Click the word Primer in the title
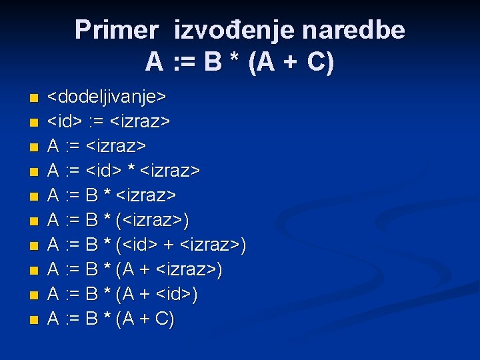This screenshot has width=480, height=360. coord(116,30)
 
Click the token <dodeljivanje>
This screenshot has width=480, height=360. coord(107,97)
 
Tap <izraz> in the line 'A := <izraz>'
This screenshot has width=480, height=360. coord(117,146)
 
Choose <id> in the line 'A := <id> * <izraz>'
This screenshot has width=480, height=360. coord(104,171)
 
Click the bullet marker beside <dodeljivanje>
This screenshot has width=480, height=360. coord(33,99)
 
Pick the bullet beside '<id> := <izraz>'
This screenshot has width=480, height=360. coord(33,123)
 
